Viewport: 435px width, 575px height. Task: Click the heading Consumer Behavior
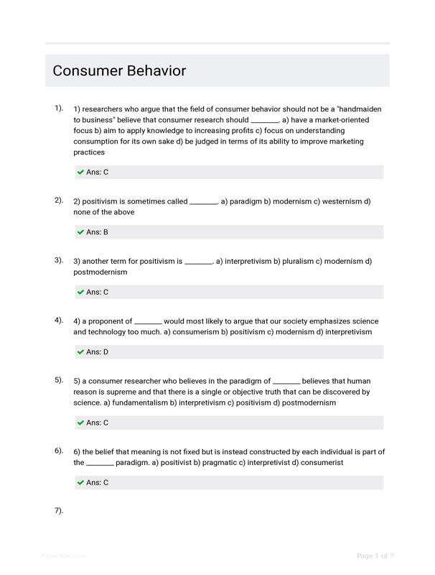pyautogui.click(x=119, y=71)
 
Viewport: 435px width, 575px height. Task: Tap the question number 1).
pyautogui.click(x=59, y=108)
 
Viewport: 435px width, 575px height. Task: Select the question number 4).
pyautogui.click(x=59, y=320)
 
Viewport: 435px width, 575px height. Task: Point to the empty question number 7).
pyautogui.click(x=59, y=510)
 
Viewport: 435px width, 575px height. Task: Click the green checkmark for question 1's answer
pyautogui.click(x=80, y=172)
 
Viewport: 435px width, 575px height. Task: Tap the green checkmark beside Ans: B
pyautogui.click(x=80, y=232)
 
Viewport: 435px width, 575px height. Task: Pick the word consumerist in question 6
pyautogui.click(x=322, y=463)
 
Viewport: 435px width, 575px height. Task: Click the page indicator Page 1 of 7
pyautogui.click(x=375, y=556)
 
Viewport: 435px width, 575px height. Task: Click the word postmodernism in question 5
pyautogui.click(x=309, y=403)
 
